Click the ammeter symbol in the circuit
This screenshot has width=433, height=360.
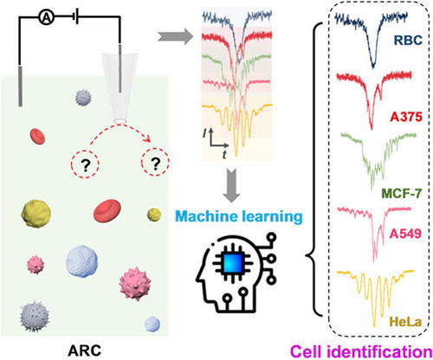(47, 18)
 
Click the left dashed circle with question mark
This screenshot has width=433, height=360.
(85, 164)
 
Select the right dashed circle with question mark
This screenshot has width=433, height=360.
(155, 163)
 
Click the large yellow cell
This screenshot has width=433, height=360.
(36, 215)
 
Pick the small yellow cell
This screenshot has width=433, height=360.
(154, 215)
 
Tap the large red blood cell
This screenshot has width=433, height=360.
(107, 211)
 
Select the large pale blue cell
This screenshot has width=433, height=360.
(81, 261)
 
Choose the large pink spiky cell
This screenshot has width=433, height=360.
(135, 284)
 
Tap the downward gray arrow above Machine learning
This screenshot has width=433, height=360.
(231, 185)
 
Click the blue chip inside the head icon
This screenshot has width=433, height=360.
(233, 263)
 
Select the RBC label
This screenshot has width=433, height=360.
(408, 41)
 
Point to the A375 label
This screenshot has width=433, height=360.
(406, 117)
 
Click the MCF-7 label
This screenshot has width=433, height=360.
(402, 193)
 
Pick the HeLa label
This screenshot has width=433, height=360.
(405, 322)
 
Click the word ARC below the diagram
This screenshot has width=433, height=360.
(85, 350)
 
